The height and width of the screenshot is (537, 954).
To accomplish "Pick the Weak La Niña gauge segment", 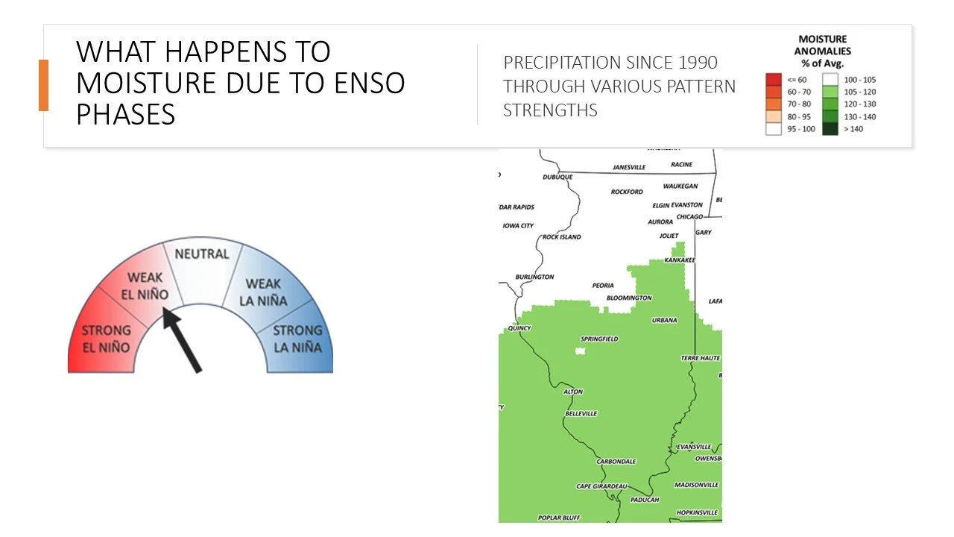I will (264, 290).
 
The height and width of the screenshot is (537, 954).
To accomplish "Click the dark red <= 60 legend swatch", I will (774, 79).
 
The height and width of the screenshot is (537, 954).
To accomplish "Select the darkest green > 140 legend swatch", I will (830, 129).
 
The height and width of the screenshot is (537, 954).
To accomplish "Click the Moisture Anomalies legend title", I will (823, 51).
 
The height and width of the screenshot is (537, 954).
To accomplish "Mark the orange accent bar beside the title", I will (43, 85).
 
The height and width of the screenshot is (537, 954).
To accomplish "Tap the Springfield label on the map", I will (599, 339).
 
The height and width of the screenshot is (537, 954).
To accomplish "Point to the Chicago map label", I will (689, 217).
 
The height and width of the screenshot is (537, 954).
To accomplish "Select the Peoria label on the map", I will (603, 286).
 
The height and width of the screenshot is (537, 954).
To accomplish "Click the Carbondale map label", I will (616, 462).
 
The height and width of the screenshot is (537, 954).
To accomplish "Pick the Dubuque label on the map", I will (557, 177).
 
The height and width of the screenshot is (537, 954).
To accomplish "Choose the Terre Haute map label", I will (701, 359).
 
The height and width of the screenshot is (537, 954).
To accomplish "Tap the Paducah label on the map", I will (644, 500).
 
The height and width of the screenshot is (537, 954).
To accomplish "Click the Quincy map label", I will (519, 328).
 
